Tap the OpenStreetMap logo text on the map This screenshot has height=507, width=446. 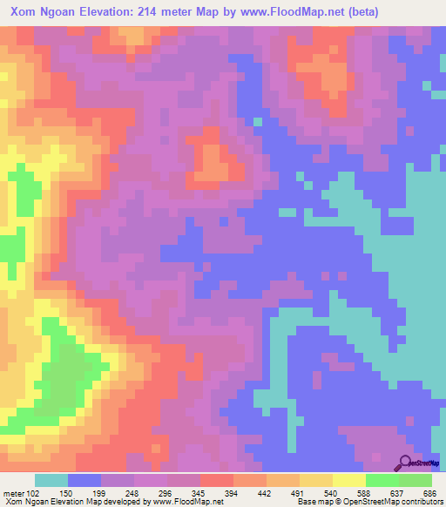click(x=427, y=464)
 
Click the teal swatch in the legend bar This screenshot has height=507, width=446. click(x=51, y=481)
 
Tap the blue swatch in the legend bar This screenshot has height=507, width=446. click(x=84, y=481)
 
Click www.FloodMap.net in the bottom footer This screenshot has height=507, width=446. click(x=185, y=501)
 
